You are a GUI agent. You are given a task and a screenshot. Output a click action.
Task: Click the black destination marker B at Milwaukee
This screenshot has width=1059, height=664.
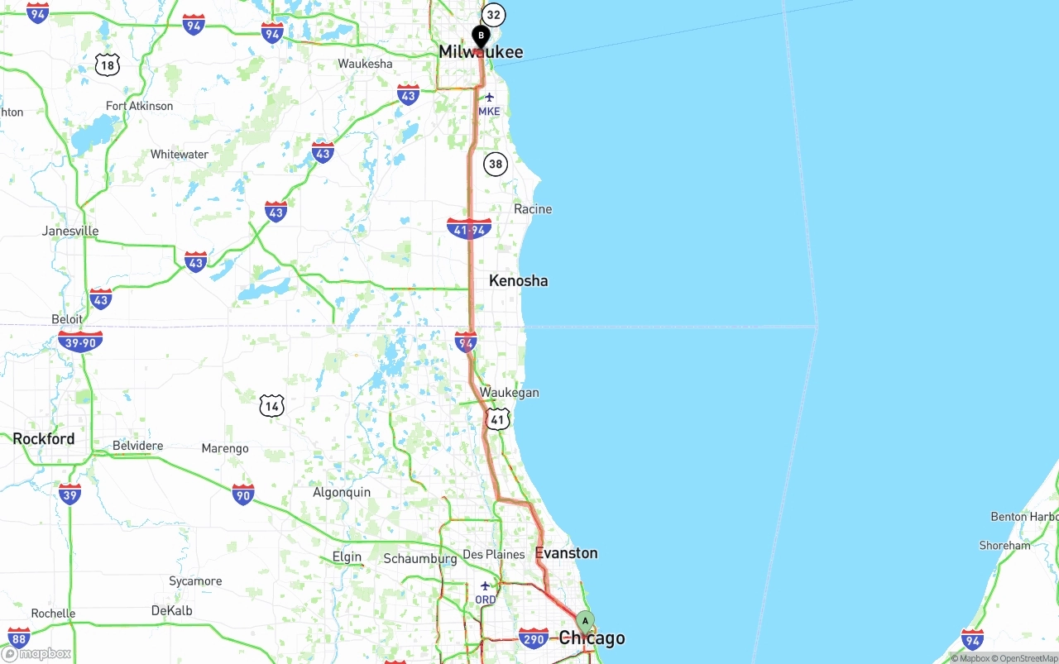pos(481,37)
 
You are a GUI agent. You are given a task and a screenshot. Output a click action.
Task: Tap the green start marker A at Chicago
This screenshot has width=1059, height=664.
pos(585,621)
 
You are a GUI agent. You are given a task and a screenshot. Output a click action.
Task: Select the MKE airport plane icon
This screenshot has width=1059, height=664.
pos(489,98)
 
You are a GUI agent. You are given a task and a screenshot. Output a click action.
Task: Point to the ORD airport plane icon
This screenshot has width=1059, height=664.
pos(486,586)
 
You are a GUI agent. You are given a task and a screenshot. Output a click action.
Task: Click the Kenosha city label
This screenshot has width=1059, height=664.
pos(518,280)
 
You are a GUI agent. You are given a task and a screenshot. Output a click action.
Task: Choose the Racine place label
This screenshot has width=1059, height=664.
pos(533,209)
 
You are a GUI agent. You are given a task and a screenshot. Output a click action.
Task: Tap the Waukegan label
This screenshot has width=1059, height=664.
pos(509,393)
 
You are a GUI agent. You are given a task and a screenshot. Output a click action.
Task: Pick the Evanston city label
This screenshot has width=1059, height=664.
pos(566,552)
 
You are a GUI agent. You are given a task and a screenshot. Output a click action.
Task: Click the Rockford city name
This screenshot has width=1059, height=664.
pos(44,439)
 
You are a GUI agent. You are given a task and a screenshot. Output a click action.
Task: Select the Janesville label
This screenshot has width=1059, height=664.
pos(70,231)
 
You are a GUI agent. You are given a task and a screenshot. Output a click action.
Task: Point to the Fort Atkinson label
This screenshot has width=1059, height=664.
pos(140,106)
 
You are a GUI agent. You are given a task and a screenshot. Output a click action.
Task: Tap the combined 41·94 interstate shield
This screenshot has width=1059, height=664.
pos(469,229)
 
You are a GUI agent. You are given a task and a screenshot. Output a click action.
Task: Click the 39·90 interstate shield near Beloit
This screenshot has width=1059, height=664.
pos(80,342)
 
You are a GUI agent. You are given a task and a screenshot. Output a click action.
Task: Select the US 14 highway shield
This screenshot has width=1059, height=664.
pos(271,405)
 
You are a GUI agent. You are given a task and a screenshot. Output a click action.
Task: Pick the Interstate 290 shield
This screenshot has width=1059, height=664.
pos(534,638)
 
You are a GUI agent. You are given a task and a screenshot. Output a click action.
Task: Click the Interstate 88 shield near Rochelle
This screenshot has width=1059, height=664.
pos(19,638)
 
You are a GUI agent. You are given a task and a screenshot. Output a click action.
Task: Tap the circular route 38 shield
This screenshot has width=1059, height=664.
pos(495,164)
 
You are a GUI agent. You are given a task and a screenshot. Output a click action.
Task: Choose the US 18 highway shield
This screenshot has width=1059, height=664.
pos(107,64)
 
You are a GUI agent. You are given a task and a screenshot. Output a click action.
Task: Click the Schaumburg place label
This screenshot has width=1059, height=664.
pos(420,559)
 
